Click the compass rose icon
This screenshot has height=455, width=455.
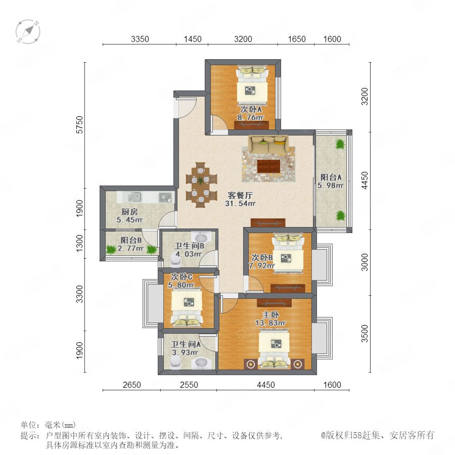point(28,31)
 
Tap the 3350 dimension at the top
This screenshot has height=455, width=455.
point(140,39)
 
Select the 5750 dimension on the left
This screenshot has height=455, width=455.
point(79,125)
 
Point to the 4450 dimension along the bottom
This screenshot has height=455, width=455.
point(266,385)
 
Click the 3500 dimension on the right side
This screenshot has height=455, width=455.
point(365,334)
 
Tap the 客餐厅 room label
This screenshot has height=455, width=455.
point(240,195)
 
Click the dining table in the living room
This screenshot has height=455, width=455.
point(201,185)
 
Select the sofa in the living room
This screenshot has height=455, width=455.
point(269,144)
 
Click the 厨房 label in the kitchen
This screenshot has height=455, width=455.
point(129,211)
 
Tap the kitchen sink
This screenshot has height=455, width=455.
point(134,197)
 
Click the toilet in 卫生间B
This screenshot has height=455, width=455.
point(176,260)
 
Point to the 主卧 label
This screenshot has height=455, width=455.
point(271,314)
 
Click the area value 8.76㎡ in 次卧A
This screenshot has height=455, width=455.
point(250,117)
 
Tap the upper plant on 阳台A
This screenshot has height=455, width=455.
point(340,144)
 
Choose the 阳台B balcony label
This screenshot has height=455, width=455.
point(131,240)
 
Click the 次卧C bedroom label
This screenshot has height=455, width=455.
point(181,277)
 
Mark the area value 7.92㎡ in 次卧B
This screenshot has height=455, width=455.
point(261,265)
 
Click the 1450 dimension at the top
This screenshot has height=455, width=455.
point(193,39)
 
